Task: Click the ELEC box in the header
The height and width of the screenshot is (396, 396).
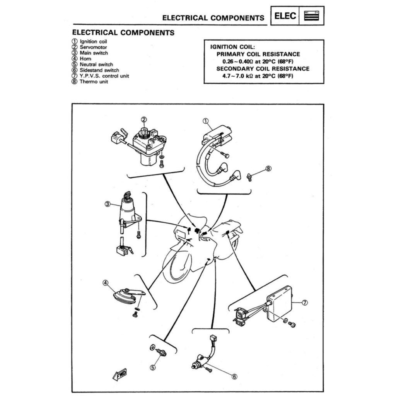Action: click(x=285, y=16)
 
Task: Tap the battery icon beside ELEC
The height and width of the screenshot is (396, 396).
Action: click(x=312, y=16)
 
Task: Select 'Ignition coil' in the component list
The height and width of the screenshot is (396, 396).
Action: click(x=93, y=41)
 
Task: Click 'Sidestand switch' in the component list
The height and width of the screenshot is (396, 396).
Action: click(x=99, y=70)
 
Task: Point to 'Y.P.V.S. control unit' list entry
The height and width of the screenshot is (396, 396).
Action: click(x=104, y=76)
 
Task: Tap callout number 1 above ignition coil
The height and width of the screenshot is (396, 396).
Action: click(x=205, y=121)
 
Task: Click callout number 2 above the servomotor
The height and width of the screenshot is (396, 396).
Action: click(x=144, y=119)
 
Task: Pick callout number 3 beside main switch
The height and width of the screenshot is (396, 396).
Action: click(x=108, y=204)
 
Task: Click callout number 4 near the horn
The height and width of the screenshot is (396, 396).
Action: click(x=105, y=283)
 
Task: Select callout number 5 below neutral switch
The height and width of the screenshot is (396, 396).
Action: click(x=153, y=367)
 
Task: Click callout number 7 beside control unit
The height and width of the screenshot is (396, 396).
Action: click(x=304, y=303)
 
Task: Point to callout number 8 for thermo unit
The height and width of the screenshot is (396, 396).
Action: click(x=269, y=169)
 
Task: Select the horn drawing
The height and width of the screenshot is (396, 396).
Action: click(x=125, y=296)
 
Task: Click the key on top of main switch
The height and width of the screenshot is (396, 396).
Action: click(x=127, y=194)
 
